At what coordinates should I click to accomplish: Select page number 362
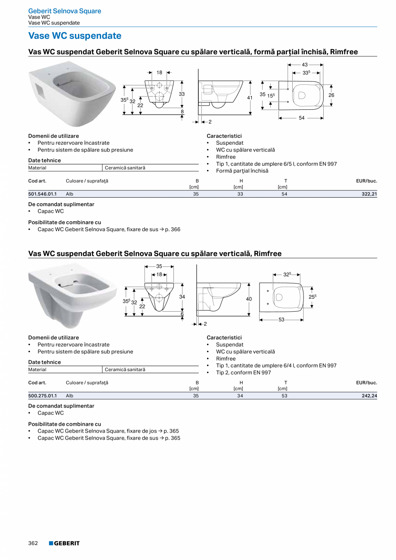(33, 543)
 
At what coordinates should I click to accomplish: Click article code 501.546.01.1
(42, 194)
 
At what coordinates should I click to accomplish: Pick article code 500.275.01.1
(42, 396)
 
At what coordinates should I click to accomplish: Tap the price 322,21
(369, 194)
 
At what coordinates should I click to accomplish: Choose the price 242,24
(369, 396)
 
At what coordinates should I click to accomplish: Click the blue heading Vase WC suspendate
(74, 36)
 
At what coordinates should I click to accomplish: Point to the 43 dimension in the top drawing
(305, 65)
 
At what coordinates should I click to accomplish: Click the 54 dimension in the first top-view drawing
(301, 118)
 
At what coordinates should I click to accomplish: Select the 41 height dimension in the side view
(250, 98)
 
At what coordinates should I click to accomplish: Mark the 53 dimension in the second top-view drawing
(282, 320)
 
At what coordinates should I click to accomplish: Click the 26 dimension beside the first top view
(331, 95)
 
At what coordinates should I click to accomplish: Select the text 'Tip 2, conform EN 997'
(243, 373)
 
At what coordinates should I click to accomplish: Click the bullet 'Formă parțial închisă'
(242, 171)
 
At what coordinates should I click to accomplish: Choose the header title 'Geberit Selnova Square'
(65, 11)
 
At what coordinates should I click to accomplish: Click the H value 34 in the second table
(240, 396)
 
